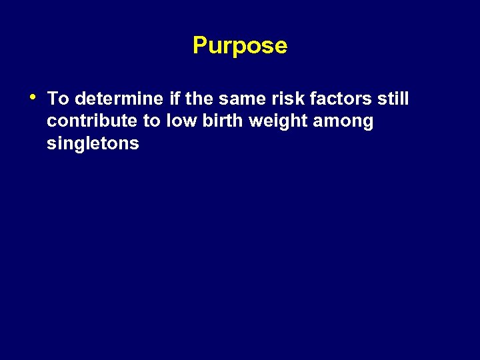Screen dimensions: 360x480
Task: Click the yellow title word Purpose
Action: click(x=239, y=46)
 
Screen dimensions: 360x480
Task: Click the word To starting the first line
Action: click(x=58, y=99)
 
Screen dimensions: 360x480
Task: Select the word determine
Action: click(x=119, y=99)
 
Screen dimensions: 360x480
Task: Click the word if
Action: click(x=175, y=99)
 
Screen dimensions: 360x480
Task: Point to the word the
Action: click(x=198, y=99)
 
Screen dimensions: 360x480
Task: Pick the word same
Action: click(x=240, y=99)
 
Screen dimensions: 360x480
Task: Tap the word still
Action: click(x=393, y=99)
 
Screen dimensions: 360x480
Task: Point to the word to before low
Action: click(x=152, y=121)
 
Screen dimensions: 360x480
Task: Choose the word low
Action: click(x=181, y=121)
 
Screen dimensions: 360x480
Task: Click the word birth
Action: click(x=221, y=121)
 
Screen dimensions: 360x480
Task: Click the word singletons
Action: click(x=93, y=144)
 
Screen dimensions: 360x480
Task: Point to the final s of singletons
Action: click(x=135, y=144)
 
